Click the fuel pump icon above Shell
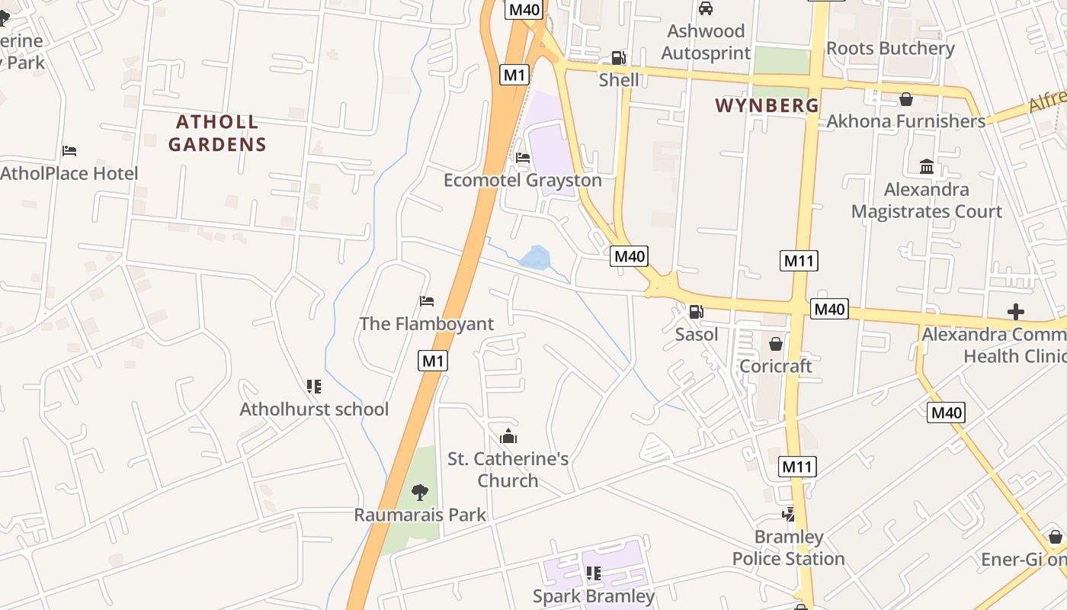tap(619, 58)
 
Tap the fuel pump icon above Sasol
tap(696, 312)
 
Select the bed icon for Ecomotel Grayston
tap(523, 158)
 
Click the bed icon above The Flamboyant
tap(427, 301)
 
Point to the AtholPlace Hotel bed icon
tap(69, 151)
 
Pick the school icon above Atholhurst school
tap(313, 387)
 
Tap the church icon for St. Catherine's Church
tap(508, 436)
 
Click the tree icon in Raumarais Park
tap(419, 493)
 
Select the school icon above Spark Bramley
tap(593, 573)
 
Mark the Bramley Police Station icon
tap(789, 515)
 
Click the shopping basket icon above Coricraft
tap(776, 344)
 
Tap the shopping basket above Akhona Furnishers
tap(906, 99)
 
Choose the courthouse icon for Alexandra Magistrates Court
tap(927, 166)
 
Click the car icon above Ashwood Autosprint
tap(706, 8)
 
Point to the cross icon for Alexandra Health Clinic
tap(1015, 312)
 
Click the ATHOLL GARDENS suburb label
tap(217, 133)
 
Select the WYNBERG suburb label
tap(767, 105)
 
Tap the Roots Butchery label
tap(890, 48)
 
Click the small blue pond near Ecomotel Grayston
tap(535, 258)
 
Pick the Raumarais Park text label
tap(420, 515)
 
